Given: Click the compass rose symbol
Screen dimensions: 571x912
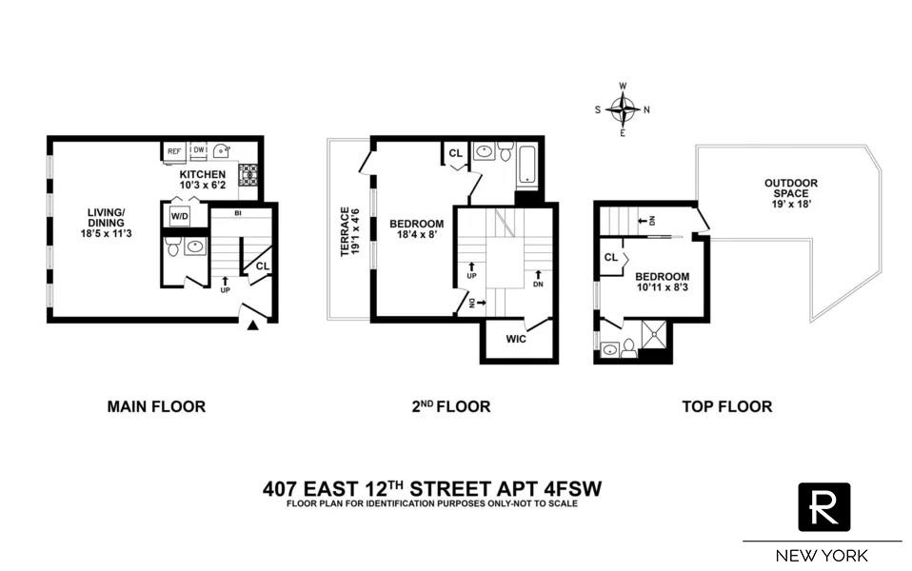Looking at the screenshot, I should pos(623,109).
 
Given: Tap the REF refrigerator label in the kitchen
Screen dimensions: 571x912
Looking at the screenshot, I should pos(174,151).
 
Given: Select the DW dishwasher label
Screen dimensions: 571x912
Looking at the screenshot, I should pos(199,150).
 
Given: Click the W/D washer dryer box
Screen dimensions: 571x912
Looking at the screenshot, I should pos(179,217).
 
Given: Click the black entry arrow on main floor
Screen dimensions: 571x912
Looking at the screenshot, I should pos(253,326).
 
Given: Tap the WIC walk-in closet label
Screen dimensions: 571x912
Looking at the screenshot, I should pos(516,339).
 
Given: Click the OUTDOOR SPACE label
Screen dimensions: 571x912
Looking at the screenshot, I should pos(791,188).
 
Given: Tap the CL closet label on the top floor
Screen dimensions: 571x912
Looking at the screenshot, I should pos(610,257).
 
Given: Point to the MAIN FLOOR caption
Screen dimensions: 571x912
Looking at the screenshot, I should pos(156,406).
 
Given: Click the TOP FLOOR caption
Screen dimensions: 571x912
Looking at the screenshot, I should pos(726,406).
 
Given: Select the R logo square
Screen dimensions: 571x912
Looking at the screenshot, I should pos(823,507).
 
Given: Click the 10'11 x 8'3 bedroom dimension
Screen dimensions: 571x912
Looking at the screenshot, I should pos(663,288).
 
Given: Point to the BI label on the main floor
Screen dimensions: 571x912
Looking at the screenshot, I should pos(237,214).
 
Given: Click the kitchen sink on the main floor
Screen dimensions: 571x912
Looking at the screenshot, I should pos(221,150).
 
